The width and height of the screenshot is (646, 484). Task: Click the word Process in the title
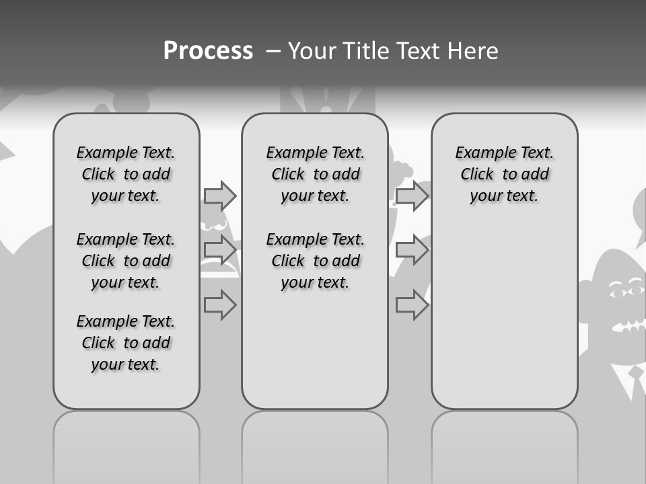pyautogui.click(x=208, y=50)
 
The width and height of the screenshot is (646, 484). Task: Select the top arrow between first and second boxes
pyautogui.click(x=220, y=196)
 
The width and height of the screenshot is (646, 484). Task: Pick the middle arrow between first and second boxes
pyautogui.click(x=220, y=250)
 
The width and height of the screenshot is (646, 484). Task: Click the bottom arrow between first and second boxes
pyautogui.click(x=220, y=305)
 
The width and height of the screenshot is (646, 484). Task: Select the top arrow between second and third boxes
pyautogui.click(x=412, y=196)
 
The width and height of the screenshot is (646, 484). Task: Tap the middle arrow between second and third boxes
pyautogui.click(x=412, y=250)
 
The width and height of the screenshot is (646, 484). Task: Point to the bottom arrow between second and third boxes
pyautogui.click(x=412, y=305)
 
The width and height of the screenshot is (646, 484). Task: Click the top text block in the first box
pyautogui.click(x=126, y=174)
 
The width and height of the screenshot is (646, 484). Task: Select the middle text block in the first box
pyautogui.click(x=126, y=261)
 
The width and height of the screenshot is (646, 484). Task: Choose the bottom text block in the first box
pyautogui.click(x=126, y=343)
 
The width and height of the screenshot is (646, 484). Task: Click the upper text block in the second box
pyautogui.click(x=315, y=174)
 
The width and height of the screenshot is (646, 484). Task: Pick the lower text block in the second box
pyautogui.click(x=315, y=261)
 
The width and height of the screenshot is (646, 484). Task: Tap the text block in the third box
pyautogui.click(x=504, y=174)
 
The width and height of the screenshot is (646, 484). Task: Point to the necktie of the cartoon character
pyautogui.click(x=636, y=380)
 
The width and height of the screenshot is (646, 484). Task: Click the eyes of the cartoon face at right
pyautogui.click(x=626, y=292)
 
